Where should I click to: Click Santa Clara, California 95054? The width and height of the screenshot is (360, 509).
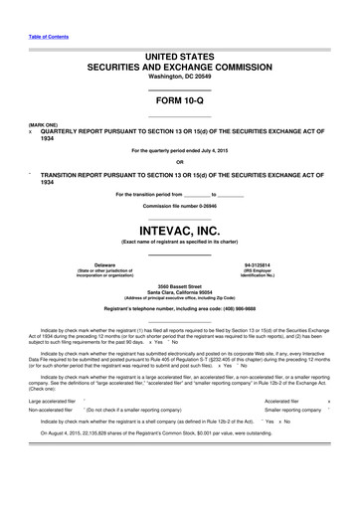point(179,292)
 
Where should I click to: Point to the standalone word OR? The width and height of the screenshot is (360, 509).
point(179,161)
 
